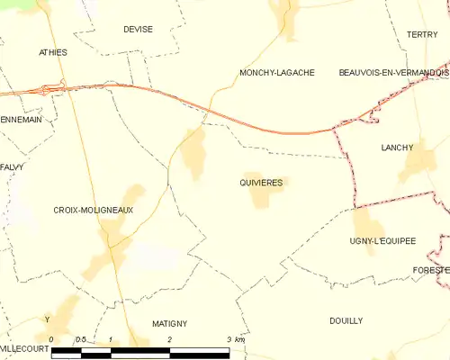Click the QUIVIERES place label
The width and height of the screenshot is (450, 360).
click(x=261, y=182)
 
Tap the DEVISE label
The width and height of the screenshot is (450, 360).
click(x=138, y=29)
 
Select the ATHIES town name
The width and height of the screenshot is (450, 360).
click(x=53, y=52)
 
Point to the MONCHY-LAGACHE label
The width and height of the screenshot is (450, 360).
click(x=276, y=72)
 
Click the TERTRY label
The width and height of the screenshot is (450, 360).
click(x=421, y=34)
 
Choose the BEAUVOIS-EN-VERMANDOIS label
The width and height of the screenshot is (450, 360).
click(x=393, y=72)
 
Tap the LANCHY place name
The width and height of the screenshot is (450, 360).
click(x=397, y=147)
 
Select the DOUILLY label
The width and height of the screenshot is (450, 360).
click(x=346, y=320)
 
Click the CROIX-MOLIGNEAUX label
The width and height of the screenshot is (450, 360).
click(x=94, y=210)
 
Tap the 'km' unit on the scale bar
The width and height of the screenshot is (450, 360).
click(x=238, y=339)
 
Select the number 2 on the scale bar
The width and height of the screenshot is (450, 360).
click(x=169, y=339)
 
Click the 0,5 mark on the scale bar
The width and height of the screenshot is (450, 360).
click(x=80, y=339)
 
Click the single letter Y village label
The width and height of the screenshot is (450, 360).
click(x=47, y=319)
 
